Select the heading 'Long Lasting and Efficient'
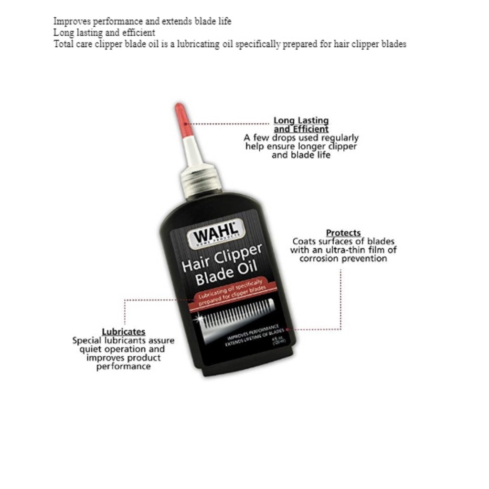(x=301, y=125)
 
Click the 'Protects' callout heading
(x=343, y=233)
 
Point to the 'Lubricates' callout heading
(x=123, y=331)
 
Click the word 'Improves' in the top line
(x=71, y=21)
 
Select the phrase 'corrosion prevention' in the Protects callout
(x=343, y=258)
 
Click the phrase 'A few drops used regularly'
(x=301, y=138)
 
